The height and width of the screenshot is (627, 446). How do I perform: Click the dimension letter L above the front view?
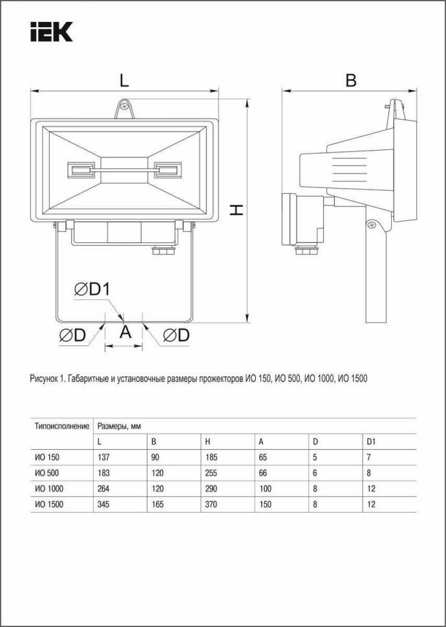124,81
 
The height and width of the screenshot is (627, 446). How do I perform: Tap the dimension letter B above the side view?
350,81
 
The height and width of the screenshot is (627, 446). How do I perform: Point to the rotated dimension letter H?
237,209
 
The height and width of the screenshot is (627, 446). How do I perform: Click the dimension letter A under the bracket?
125,332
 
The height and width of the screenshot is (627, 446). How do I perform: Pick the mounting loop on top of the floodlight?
124,108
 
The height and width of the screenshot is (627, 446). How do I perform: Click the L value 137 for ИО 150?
103,458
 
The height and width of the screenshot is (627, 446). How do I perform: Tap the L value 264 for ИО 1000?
103,489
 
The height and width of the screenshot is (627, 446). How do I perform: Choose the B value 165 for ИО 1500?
158,504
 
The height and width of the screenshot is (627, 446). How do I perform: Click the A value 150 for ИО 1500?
265,504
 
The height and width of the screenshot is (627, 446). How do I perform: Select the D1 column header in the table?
370,442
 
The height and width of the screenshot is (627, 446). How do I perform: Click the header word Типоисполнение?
61,426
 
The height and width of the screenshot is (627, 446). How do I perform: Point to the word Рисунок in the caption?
44,379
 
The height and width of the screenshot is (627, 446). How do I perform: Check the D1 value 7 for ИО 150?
368,458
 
